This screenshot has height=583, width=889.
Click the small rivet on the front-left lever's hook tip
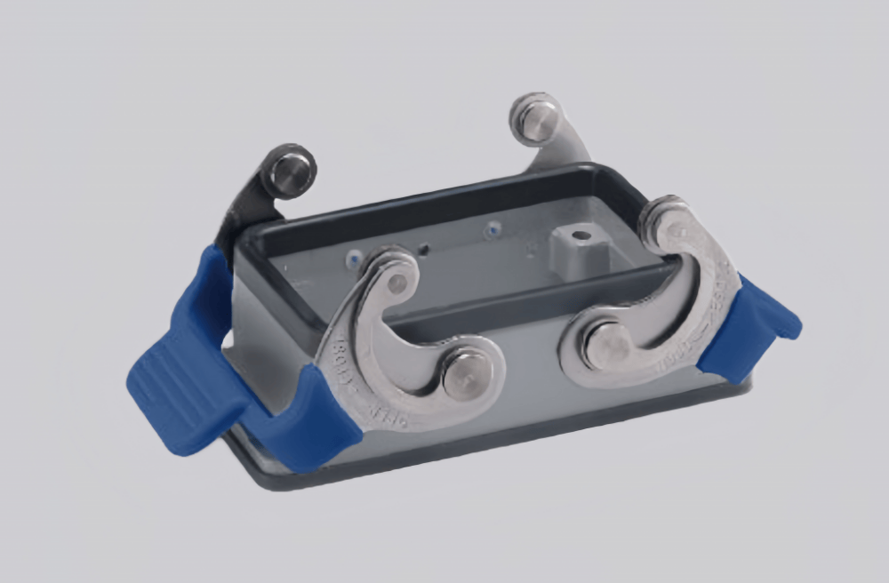tap(397, 282)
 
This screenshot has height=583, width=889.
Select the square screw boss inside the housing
tap(577, 248)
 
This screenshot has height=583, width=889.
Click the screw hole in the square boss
tap(580, 236)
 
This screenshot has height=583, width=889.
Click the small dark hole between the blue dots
tap(425, 249)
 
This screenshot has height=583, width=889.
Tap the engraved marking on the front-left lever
tap(348, 373)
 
